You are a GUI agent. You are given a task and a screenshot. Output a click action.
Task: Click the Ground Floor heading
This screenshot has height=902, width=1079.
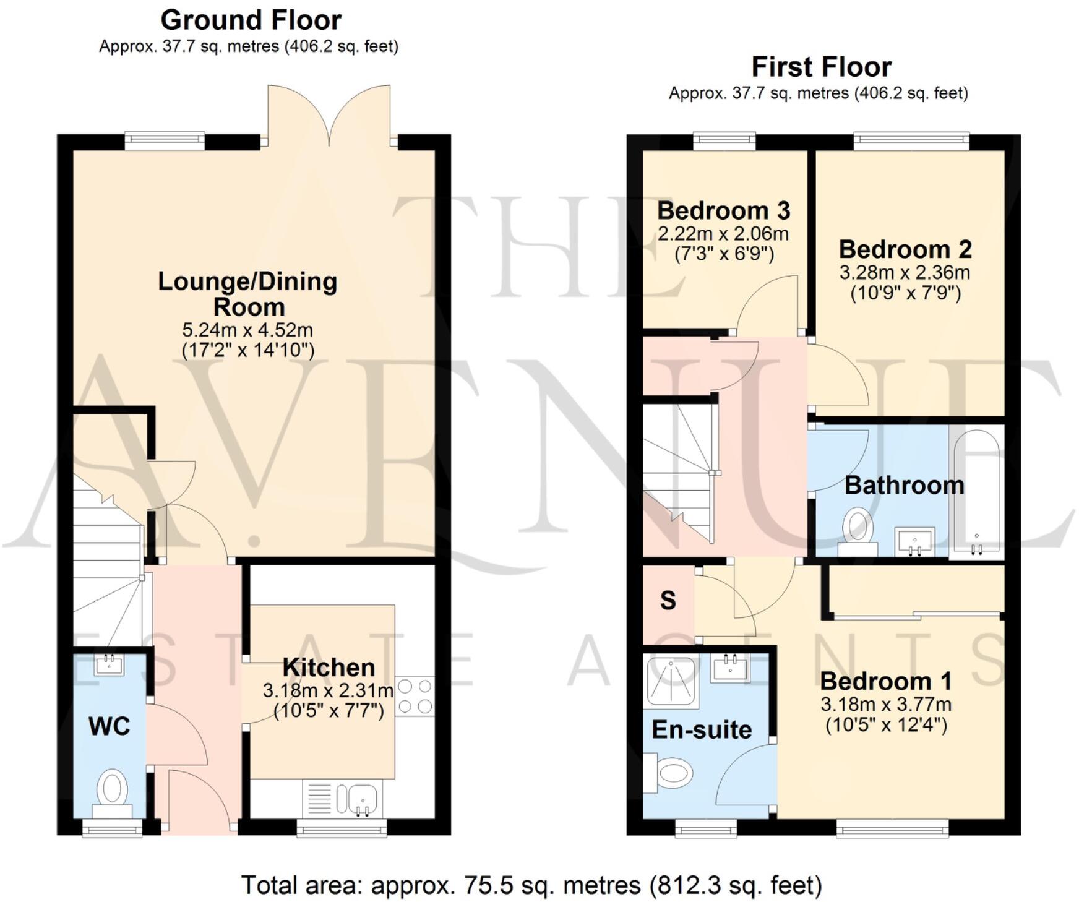(251, 20)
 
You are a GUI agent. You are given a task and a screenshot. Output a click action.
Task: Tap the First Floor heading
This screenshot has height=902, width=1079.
(821, 67)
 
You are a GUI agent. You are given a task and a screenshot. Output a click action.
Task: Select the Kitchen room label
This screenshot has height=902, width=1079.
(329, 668)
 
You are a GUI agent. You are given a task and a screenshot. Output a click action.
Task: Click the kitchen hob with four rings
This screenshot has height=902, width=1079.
(415, 696)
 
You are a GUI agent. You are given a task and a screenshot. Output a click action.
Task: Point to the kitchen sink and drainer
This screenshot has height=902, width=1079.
(342, 798)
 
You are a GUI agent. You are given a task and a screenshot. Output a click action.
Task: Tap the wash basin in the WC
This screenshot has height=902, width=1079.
(110, 666)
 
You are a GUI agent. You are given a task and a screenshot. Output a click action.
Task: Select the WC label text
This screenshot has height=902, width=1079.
(110, 726)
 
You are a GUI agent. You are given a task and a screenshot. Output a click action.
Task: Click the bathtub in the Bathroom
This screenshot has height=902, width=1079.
(976, 492)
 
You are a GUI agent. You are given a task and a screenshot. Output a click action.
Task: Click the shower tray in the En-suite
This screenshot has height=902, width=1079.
(671, 682)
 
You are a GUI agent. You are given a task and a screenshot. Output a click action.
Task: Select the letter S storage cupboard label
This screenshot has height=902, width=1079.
(668, 601)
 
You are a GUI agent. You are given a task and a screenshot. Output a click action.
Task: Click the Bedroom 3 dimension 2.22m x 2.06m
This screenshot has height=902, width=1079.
(723, 234)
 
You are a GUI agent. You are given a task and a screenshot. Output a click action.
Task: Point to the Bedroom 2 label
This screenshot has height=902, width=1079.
(905, 249)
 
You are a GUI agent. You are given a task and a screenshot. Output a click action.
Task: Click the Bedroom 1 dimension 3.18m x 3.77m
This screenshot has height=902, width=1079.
(885, 705)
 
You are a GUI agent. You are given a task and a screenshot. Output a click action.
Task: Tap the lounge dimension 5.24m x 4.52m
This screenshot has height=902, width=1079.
(247, 330)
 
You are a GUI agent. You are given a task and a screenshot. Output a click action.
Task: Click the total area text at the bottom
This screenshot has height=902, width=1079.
(531, 885)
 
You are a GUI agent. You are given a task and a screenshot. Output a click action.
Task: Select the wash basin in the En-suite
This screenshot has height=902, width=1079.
(730, 668)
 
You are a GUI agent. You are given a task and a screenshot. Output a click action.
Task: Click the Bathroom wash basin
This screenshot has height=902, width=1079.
(915, 542)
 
